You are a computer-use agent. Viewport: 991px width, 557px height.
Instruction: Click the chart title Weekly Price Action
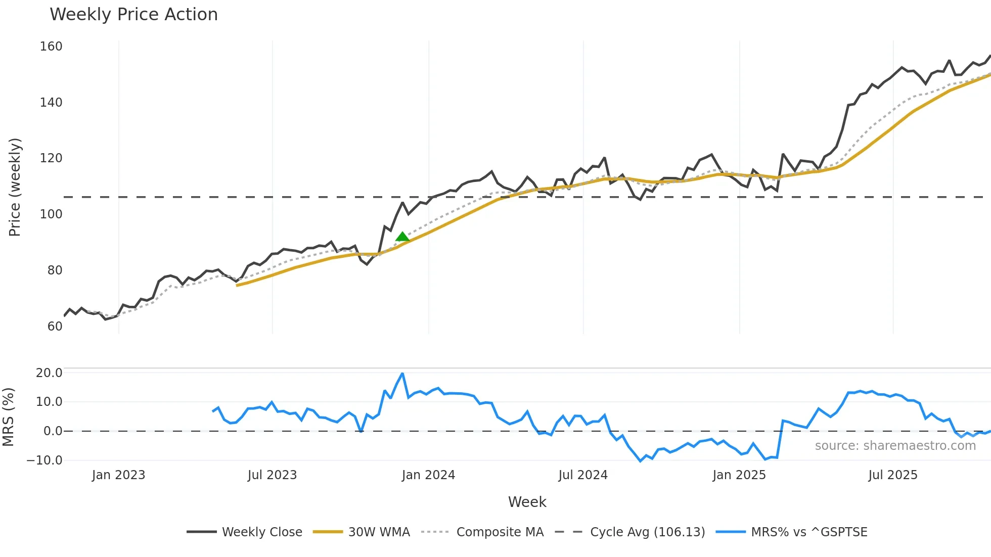pos(133,15)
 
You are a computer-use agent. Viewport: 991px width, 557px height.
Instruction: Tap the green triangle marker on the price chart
pos(402,237)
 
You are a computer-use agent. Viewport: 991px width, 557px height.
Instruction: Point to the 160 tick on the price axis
pos(51,47)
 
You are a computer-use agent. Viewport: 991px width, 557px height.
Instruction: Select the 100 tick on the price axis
pos(51,214)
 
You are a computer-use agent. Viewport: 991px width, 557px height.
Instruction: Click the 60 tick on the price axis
pos(55,327)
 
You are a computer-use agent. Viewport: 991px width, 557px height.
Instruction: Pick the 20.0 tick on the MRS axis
pos(49,373)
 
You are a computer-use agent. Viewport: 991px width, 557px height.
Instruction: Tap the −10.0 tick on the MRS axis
pos(45,460)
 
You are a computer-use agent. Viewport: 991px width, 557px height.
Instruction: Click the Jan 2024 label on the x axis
pos(428,475)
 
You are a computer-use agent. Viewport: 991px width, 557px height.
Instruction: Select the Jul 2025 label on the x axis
pos(892,475)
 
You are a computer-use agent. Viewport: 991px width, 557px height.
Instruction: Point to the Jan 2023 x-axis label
pos(118,475)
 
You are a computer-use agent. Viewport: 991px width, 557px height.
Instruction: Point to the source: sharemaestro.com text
pos(895,446)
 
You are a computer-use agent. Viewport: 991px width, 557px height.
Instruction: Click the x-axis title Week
pos(527,502)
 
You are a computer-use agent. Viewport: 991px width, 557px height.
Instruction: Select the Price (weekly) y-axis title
pos(15,187)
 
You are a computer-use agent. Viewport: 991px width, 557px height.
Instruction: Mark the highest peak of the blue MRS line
pos(402,374)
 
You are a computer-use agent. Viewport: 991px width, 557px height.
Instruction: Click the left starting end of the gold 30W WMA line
pos(237,286)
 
